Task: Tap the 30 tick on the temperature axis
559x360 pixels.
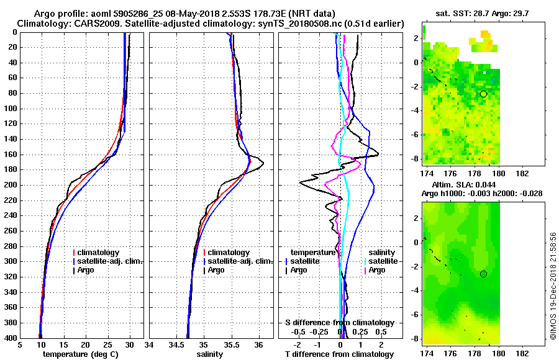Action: coord(130,345)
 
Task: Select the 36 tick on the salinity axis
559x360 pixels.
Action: coord(259,345)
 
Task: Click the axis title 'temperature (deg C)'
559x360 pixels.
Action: coord(80,354)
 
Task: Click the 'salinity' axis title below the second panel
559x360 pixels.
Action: coord(211,354)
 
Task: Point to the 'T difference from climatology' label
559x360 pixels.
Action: coord(339,354)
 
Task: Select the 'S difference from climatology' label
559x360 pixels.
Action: coord(339,323)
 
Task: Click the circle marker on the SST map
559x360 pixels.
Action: coord(483,94)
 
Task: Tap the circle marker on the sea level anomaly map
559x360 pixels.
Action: coord(483,274)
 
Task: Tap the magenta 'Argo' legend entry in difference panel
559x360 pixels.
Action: coord(376,270)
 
